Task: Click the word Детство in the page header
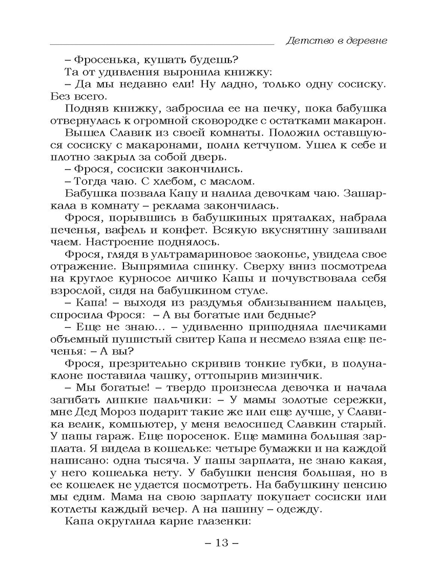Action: point(304,41)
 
